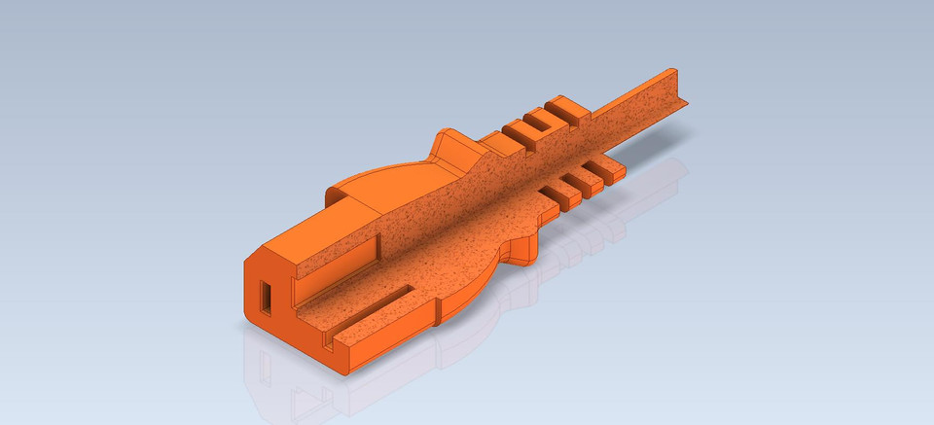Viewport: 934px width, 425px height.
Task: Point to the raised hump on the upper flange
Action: pos(449,146)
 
